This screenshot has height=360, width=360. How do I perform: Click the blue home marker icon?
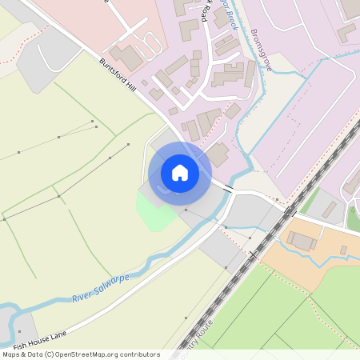click(179, 172)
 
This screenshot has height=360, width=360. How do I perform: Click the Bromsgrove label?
click(262, 49)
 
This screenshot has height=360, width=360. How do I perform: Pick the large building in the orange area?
click(302, 241)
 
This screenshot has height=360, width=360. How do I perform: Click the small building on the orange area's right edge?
click(343, 250)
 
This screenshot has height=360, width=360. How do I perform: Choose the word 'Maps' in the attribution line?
click(11, 354)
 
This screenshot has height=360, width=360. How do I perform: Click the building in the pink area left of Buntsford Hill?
click(126, 56)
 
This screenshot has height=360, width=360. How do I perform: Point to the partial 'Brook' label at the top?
click(227, 14)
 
